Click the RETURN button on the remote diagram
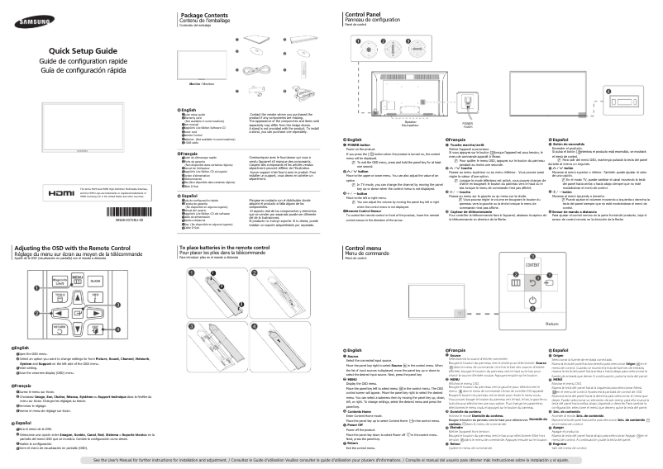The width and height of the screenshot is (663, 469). click(60, 328)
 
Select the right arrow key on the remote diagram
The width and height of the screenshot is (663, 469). click(93, 315)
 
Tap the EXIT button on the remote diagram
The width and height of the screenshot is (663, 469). click(95, 328)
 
